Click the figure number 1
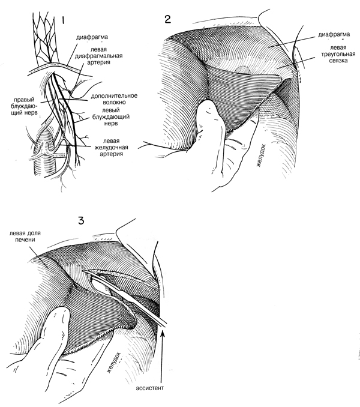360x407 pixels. tap(62, 20)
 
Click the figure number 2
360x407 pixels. tap(168, 19)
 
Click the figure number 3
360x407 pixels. tap(81, 221)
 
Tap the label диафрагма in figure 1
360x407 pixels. tap(92, 37)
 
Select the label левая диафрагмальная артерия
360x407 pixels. tap(99, 56)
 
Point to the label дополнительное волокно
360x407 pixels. tap(114, 99)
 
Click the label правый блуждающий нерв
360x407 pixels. tap(25, 106)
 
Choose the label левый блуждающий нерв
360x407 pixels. tap(111, 117)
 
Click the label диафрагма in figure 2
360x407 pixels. tap(334, 34)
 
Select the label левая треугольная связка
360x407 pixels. tap(339, 54)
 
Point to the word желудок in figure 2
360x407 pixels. tap(260, 155)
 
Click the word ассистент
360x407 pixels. tap(150, 388)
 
